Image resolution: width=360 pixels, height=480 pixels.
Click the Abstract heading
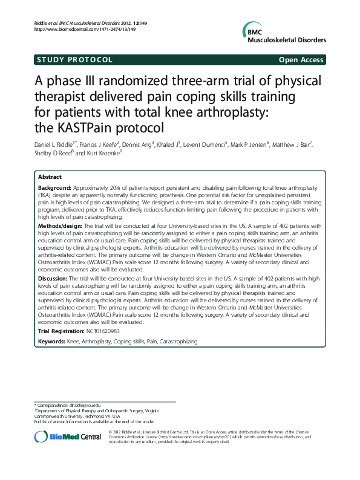pos(50,177)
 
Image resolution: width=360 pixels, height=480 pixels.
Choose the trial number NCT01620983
pos(103,331)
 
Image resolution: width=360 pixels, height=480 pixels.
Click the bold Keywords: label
pos(51,342)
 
